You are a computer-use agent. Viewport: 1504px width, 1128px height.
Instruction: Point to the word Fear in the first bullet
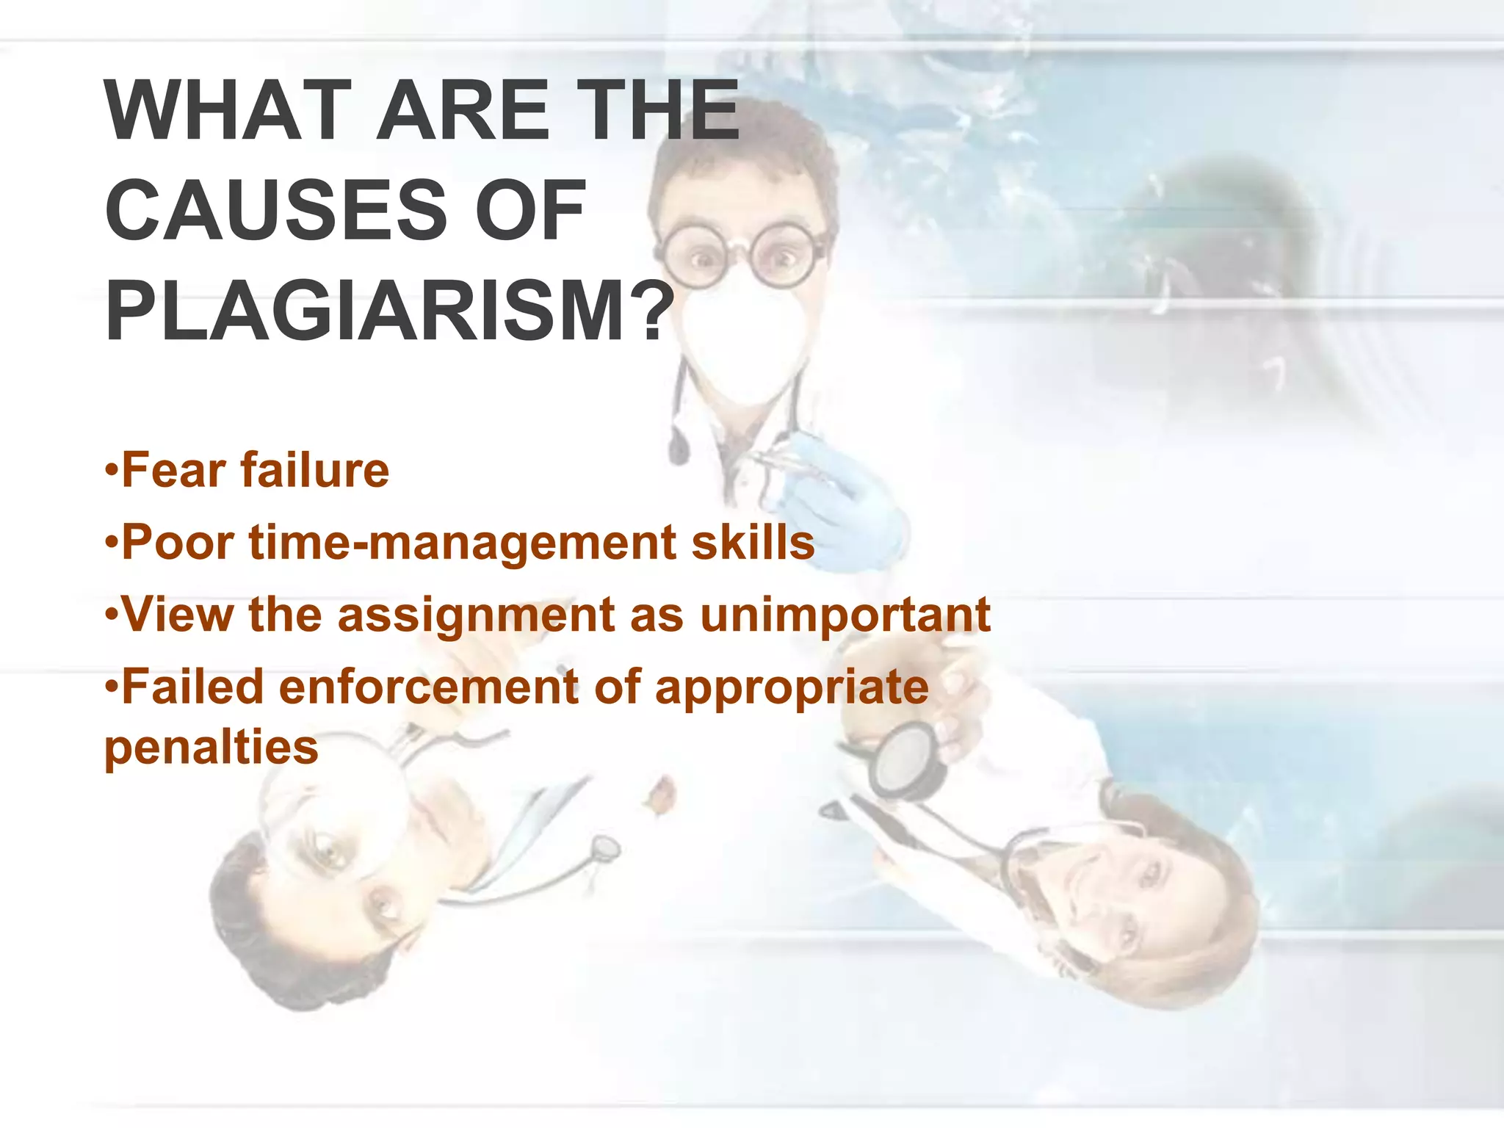(x=173, y=470)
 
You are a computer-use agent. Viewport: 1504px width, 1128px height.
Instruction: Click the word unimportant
(x=845, y=615)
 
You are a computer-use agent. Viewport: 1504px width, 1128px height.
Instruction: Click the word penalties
(x=211, y=748)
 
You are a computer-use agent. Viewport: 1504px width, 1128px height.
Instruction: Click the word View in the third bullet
(x=177, y=615)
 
